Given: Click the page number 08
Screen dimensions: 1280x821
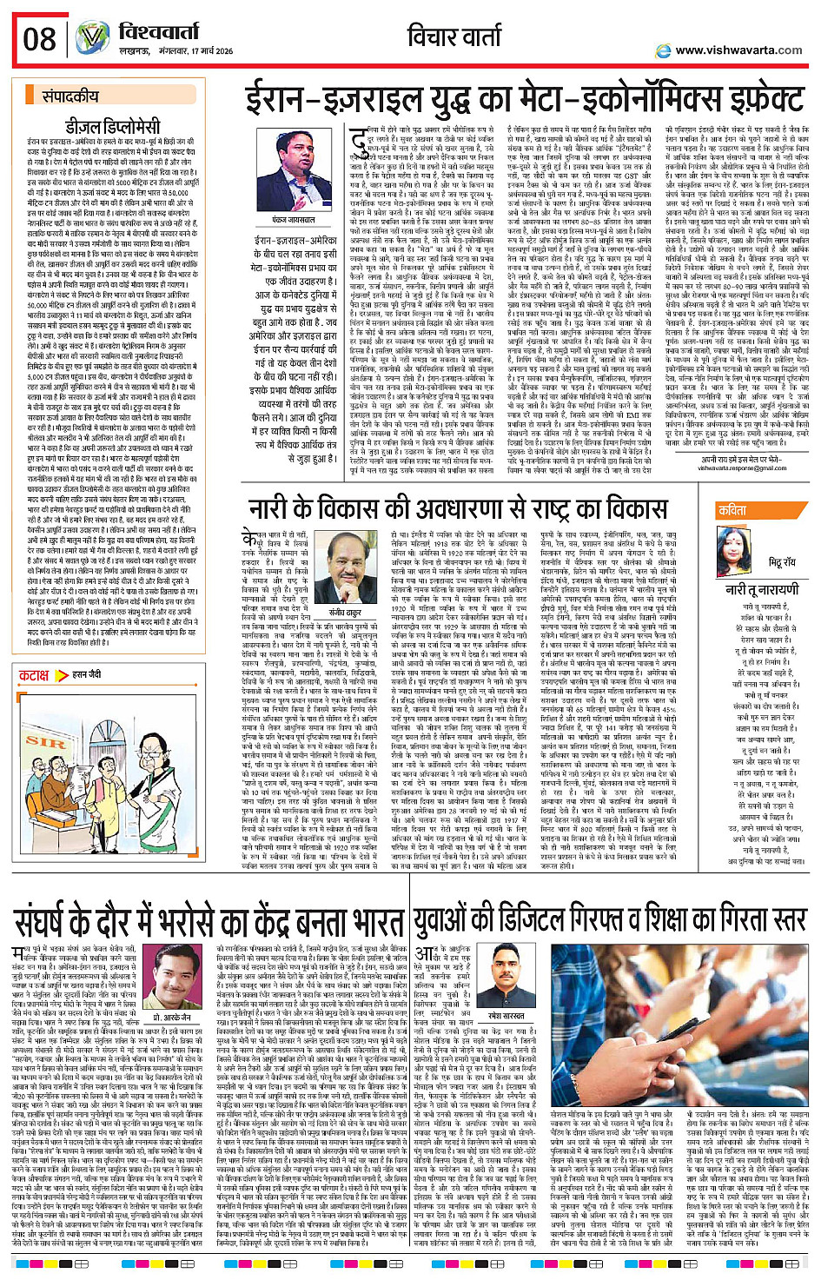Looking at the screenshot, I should coord(40,39).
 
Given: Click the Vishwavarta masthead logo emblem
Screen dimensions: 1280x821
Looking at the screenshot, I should coord(92,38).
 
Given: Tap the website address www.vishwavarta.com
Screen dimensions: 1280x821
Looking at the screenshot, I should coord(738,50).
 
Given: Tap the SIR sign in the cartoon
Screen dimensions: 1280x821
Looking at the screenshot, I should coord(45,741).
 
